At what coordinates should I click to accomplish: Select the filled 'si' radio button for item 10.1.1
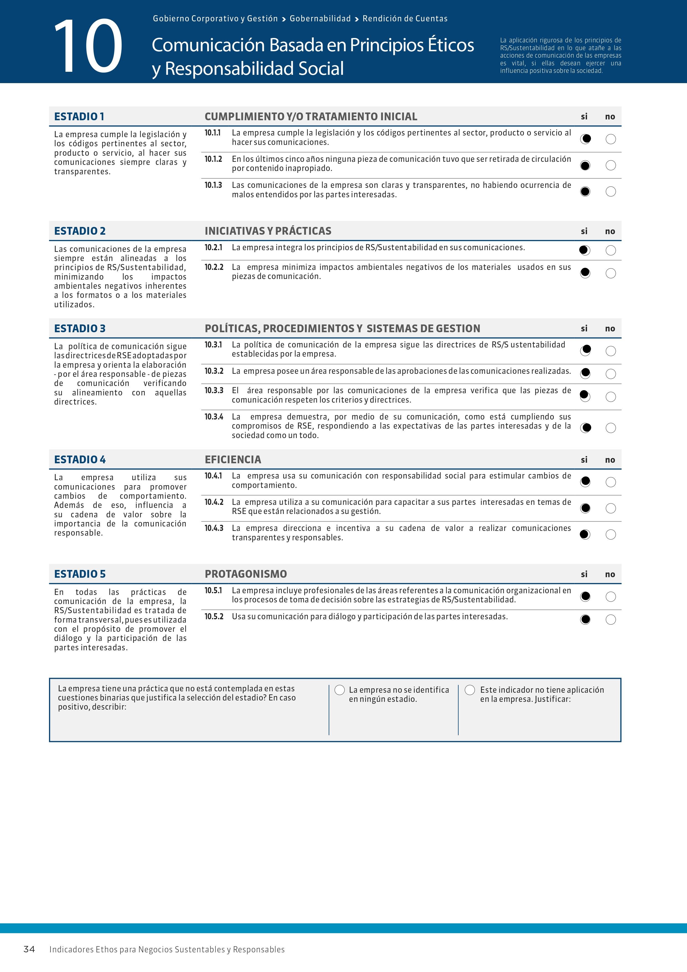click(x=585, y=139)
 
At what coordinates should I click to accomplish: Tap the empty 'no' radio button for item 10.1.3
click(x=610, y=192)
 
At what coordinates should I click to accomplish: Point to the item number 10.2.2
click(x=213, y=267)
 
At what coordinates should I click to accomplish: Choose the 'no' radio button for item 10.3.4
click(x=610, y=428)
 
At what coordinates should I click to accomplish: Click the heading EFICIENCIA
click(x=233, y=460)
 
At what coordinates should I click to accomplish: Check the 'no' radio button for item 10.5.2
click(x=610, y=620)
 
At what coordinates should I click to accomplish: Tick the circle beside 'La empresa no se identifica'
click(x=340, y=690)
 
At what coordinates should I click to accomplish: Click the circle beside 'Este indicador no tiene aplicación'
click(x=470, y=690)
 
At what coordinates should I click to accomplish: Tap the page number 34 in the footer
click(x=29, y=949)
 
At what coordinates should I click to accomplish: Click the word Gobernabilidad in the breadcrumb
click(x=320, y=19)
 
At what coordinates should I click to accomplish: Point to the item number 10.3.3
click(x=213, y=390)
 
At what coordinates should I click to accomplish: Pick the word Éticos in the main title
click(x=451, y=45)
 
